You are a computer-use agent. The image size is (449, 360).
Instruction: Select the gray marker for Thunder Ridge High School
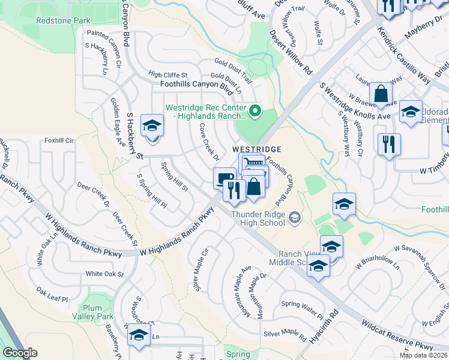coord(294,217)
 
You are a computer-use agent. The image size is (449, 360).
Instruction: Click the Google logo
coord(20,353)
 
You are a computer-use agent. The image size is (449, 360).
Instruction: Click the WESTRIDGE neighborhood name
coord(257,148)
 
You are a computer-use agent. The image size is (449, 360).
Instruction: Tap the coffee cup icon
coord(224,177)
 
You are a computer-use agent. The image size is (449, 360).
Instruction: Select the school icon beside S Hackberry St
coord(152,125)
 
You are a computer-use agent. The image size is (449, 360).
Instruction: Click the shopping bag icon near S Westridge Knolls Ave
coord(381,94)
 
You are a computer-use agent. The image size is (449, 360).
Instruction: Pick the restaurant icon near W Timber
coord(389,144)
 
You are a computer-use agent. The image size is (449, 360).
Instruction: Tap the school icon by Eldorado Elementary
coord(411,112)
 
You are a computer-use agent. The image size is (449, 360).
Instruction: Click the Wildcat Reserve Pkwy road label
coord(397,337)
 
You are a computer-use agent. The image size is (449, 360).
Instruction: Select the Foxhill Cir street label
coord(58,140)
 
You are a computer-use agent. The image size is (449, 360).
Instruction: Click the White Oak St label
coord(104,274)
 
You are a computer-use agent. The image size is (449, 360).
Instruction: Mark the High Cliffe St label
coord(168,75)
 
